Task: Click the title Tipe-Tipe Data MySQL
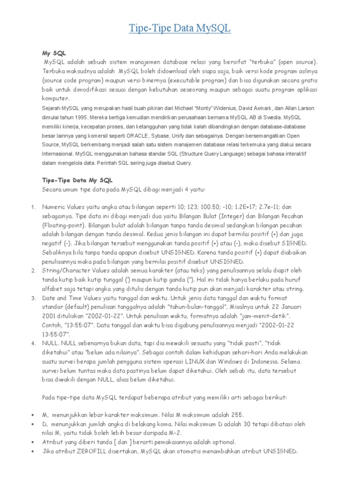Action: coord(180,29)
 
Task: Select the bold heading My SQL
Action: coord(53,53)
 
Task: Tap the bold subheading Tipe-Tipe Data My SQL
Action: coord(77,180)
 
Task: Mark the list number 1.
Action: coord(32,207)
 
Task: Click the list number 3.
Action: coord(32,298)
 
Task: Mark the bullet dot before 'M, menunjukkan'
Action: coord(32,415)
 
